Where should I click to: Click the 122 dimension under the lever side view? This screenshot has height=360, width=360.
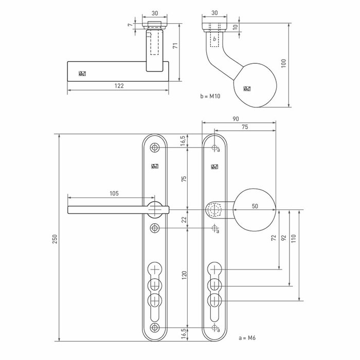[x=119, y=87]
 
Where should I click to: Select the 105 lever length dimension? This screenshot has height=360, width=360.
[x=114, y=193]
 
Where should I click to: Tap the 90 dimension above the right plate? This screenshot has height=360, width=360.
[x=236, y=119]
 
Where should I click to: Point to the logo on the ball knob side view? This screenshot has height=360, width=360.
[x=246, y=89]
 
